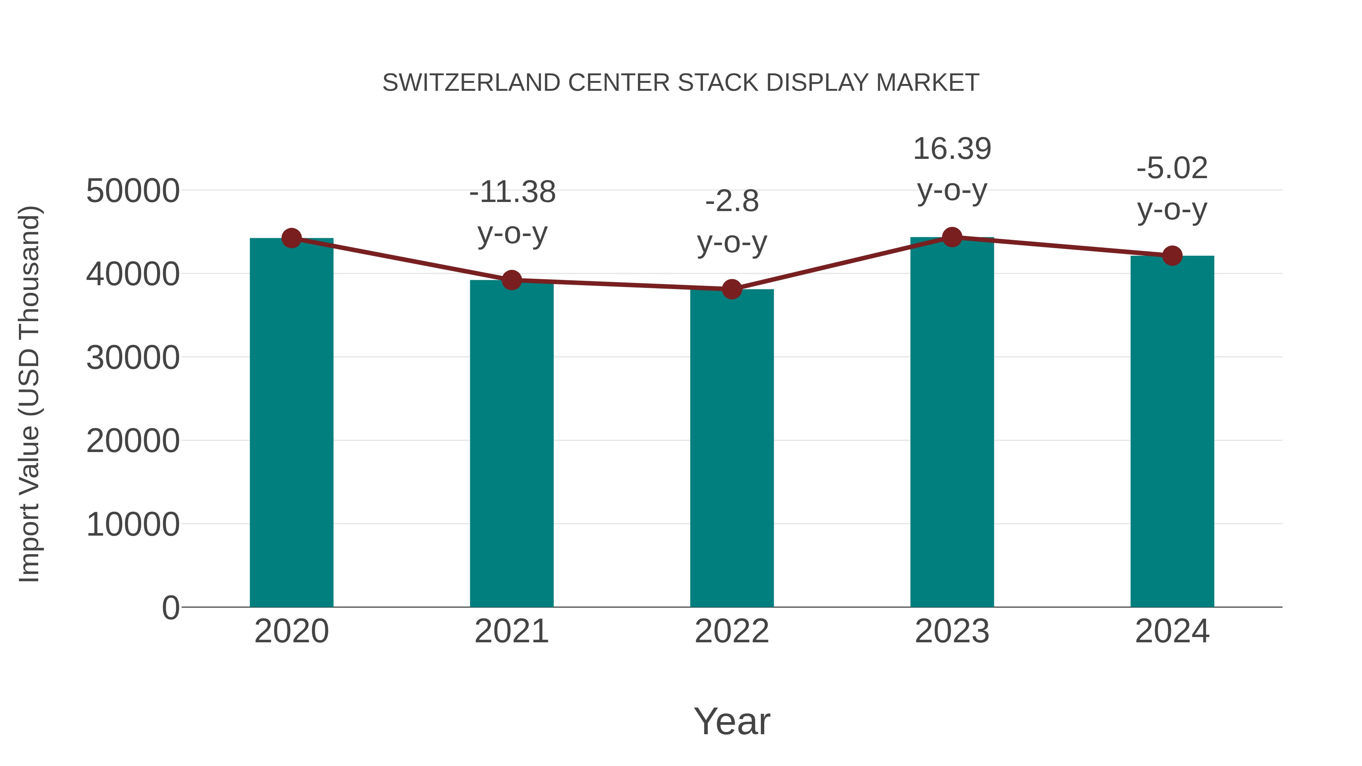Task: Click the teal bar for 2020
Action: [x=291, y=423]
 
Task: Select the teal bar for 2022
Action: [x=732, y=449]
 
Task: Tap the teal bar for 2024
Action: [x=1172, y=431]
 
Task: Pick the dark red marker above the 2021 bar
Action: [x=512, y=280]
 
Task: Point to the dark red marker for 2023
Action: [x=952, y=237]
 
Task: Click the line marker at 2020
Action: [x=291, y=238]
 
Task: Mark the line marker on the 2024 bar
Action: [x=1172, y=256]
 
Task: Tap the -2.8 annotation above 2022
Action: [x=732, y=222]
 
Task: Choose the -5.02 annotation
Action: [x=1172, y=188]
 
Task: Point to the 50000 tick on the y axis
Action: [x=133, y=191]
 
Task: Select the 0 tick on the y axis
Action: [x=170, y=608]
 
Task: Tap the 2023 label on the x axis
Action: [x=952, y=631]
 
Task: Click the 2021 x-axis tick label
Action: [x=512, y=631]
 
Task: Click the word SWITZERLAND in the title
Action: [x=471, y=83]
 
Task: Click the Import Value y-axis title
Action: [x=30, y=394]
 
